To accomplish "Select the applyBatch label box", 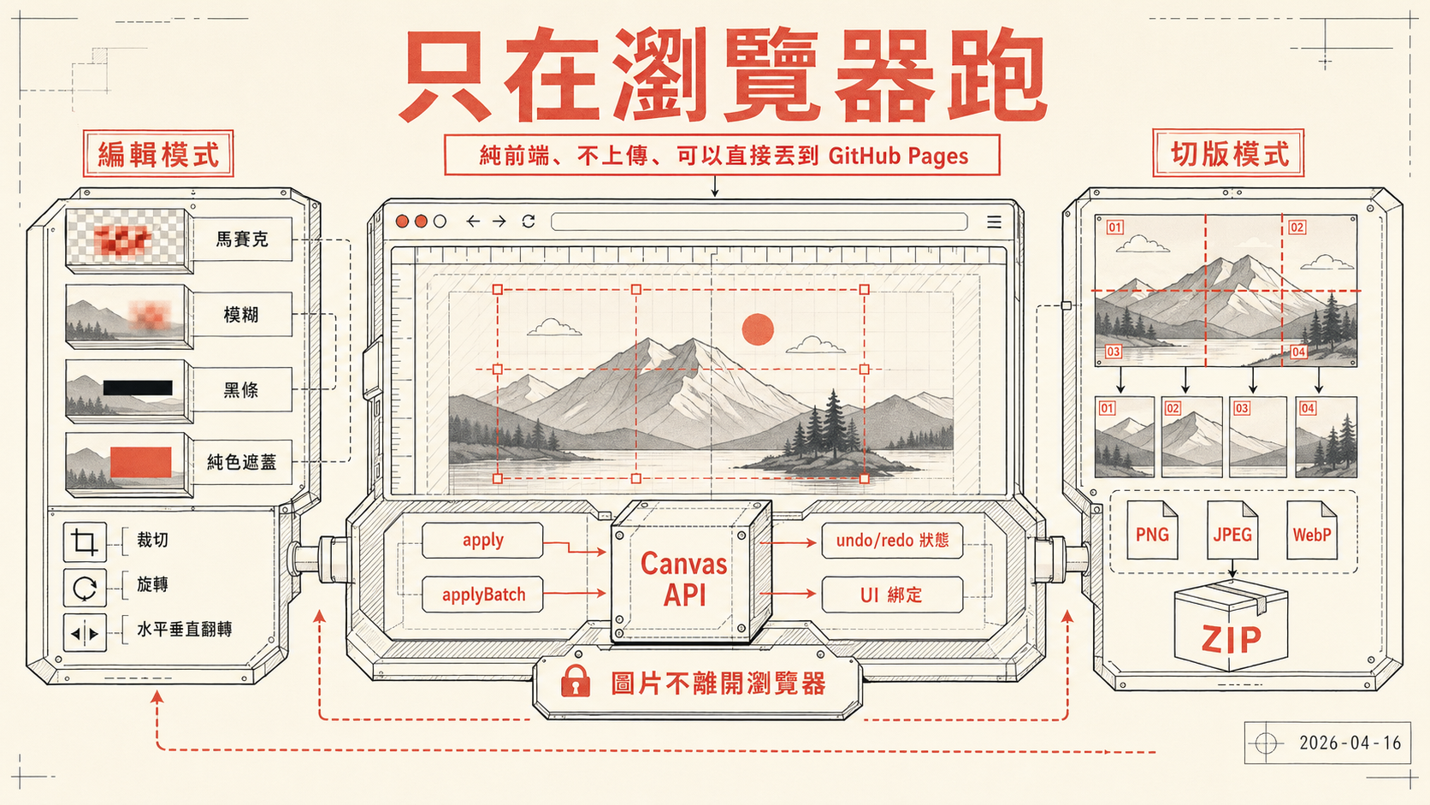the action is point(482,595).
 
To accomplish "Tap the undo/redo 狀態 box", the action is point(892,541).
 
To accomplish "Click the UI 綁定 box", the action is point(892,595).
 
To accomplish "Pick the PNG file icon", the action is point(1152,530).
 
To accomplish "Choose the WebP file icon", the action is point(1312,530).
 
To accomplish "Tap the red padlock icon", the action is point(576,681).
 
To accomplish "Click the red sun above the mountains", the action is point(758,329).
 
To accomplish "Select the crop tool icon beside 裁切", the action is point(85,542).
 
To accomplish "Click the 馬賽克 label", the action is point(242,240).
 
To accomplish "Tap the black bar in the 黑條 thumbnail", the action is point(138,388).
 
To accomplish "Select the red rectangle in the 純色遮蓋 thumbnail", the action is point(141,462).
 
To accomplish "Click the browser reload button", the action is point(528,221).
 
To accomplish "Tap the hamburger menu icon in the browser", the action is point(994,222).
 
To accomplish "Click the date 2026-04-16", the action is point(1350,743).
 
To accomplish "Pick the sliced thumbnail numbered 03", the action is point(1257,436).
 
